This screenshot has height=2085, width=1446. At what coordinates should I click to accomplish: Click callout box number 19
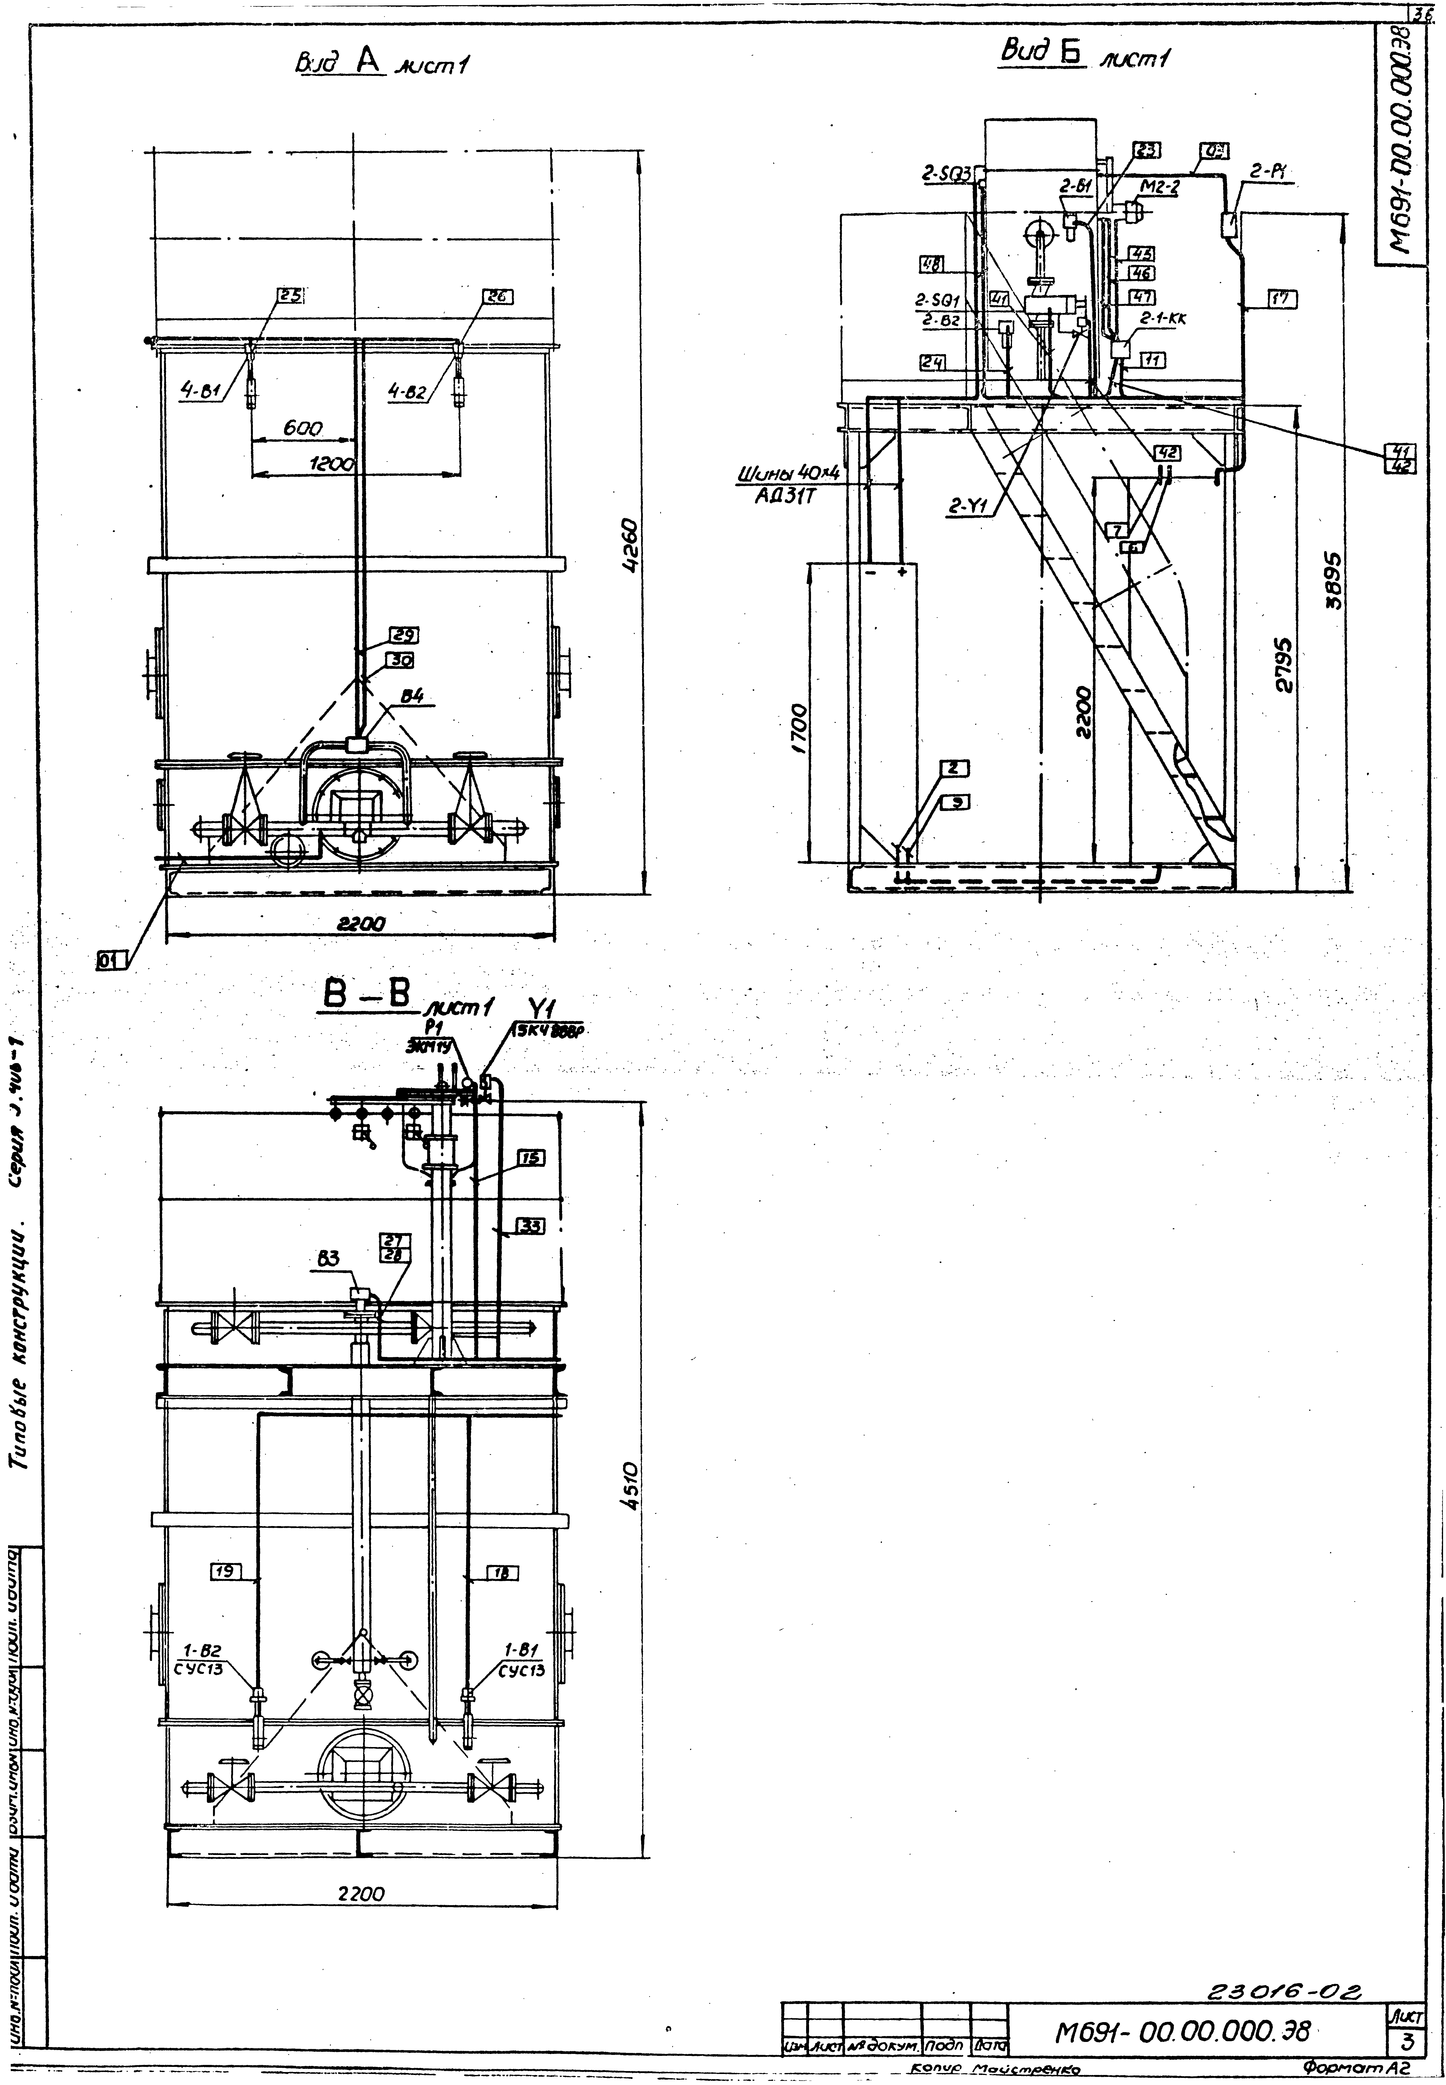click(225, 1571)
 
